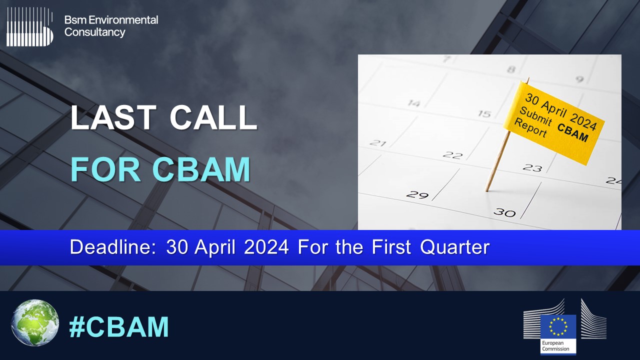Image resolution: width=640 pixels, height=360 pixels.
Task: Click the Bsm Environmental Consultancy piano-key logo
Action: [x=29, y=27]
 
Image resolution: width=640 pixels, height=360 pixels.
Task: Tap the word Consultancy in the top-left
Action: [x=95, y=32]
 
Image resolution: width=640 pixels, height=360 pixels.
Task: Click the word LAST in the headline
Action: [x=113, y=117]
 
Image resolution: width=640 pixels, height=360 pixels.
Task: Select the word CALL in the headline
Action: [x=213, y=117]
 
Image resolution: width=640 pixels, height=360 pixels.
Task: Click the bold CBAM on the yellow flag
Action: [x=572, y=132]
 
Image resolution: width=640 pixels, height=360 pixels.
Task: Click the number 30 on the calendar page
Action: [x=505, y=212]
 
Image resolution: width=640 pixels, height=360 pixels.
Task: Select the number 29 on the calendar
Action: [x=417, y=195]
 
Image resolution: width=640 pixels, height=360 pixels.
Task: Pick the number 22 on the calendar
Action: [x=452, y=155]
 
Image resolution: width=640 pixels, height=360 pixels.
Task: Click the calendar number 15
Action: [x=484, y=114]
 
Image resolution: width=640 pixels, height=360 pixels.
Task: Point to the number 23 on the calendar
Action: [x=532, y=167]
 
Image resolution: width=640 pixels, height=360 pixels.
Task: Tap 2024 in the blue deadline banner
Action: [x=266, y=247]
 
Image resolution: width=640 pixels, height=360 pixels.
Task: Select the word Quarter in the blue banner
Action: [x=455, y=247]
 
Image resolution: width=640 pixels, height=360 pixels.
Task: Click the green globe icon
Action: [x=35, y=322]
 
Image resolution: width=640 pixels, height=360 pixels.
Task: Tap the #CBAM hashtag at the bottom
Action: [x=119, y=327]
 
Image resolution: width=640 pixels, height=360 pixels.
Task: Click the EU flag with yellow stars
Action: [x=558, y=326]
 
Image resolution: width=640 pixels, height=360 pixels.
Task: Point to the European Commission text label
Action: [x=555, y=345]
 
